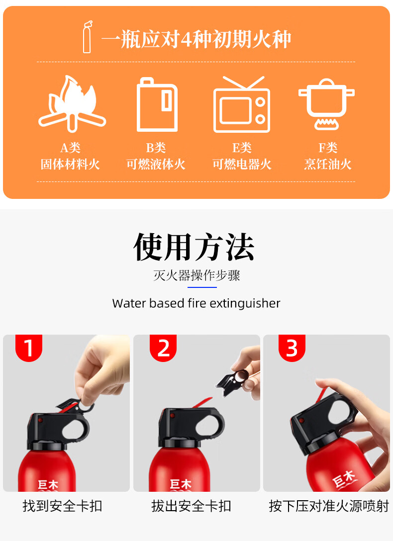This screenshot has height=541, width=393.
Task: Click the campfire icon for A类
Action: coord(72,104)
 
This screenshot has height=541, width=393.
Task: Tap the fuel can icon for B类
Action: coord(157,104)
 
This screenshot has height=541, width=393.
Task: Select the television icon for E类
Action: coord(242,104)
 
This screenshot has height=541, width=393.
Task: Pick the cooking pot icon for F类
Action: coord(326,104)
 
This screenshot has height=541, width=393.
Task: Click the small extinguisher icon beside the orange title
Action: coord(87,37)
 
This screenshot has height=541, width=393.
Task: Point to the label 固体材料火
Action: coord(70,164)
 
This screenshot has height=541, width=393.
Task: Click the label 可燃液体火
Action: coord(156,164)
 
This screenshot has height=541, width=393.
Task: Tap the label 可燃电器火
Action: coord(242,164)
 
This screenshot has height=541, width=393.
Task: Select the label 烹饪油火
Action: coord(328,164)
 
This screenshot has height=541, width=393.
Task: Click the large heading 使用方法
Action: coord(194,247)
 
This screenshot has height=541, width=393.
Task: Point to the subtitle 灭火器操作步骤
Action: coord(196,275)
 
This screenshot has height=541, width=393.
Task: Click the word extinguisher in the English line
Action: coord(245,304)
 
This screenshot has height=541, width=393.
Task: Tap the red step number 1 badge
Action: coord(29,348)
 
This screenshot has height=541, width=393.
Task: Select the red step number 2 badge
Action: coord(163,348)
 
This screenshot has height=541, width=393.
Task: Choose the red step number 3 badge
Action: coord(292,348)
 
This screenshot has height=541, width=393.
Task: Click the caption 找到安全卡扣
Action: coord(63,506)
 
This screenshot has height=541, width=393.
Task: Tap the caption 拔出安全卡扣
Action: coord(191,506)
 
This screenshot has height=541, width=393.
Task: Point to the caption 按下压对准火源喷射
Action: coord(329,506)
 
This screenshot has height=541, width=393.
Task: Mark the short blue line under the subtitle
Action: coord(202,287)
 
